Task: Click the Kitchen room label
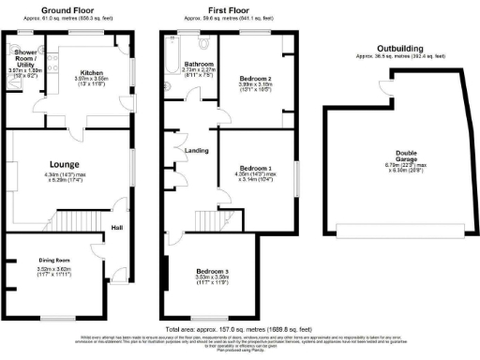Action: click(x=91, y=71)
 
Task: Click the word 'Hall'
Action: click(x=117, y=227)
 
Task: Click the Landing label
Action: click(x=196, y=150)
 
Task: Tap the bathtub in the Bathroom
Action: click(x=169, y=60)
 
